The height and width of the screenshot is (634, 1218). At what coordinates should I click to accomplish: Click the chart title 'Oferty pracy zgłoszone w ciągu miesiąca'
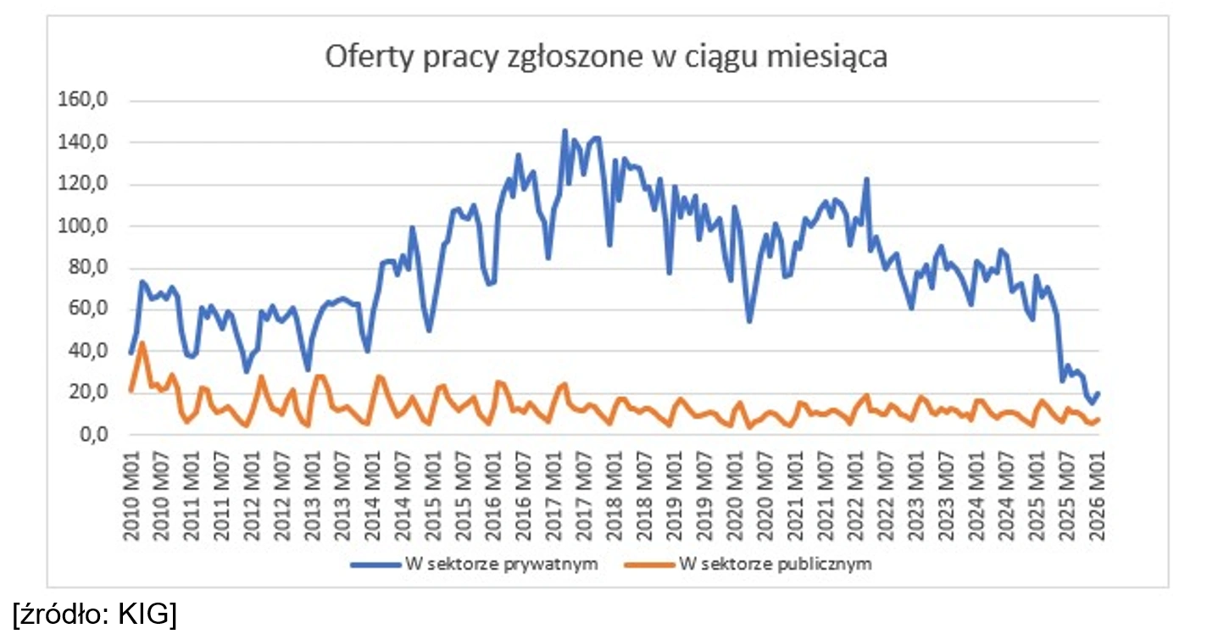607,58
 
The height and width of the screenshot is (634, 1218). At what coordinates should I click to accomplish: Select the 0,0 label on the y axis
87,435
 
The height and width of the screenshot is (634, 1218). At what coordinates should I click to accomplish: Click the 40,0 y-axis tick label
84,352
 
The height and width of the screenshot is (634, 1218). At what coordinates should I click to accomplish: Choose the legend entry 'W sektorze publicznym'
775,564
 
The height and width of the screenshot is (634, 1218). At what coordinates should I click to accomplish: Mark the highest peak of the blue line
565,131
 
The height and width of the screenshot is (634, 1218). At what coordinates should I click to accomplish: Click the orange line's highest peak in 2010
142,342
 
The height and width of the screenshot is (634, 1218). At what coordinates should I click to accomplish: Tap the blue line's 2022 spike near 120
866,178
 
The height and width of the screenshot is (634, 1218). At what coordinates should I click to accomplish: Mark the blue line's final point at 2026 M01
1098,392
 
